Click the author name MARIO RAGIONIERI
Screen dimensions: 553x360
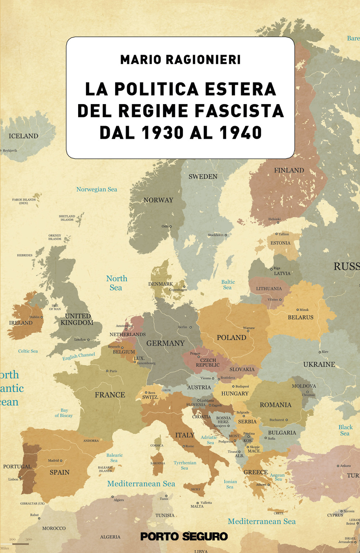(180, 60)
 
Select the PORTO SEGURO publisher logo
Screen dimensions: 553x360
(184, 536)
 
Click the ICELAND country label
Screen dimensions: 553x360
(23, 136)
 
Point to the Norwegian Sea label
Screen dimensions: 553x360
(96, 189)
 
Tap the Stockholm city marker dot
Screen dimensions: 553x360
(226, 235)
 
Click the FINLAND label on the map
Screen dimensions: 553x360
(289, 170)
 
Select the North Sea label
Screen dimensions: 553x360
(116, 283)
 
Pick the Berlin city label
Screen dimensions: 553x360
(183, 327)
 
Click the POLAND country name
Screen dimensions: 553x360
(231, 338)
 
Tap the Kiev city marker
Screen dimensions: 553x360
(320, 352)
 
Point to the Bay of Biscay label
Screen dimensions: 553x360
(64, 413)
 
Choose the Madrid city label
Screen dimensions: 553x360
(53, 460)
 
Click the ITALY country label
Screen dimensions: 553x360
(185, 435)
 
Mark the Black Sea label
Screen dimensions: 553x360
(345, 430)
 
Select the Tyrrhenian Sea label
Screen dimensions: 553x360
(185, 465)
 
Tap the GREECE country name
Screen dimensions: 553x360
(256, 472)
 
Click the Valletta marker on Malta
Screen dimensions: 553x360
(198, 503)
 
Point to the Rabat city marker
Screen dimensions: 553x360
(39, 518)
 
